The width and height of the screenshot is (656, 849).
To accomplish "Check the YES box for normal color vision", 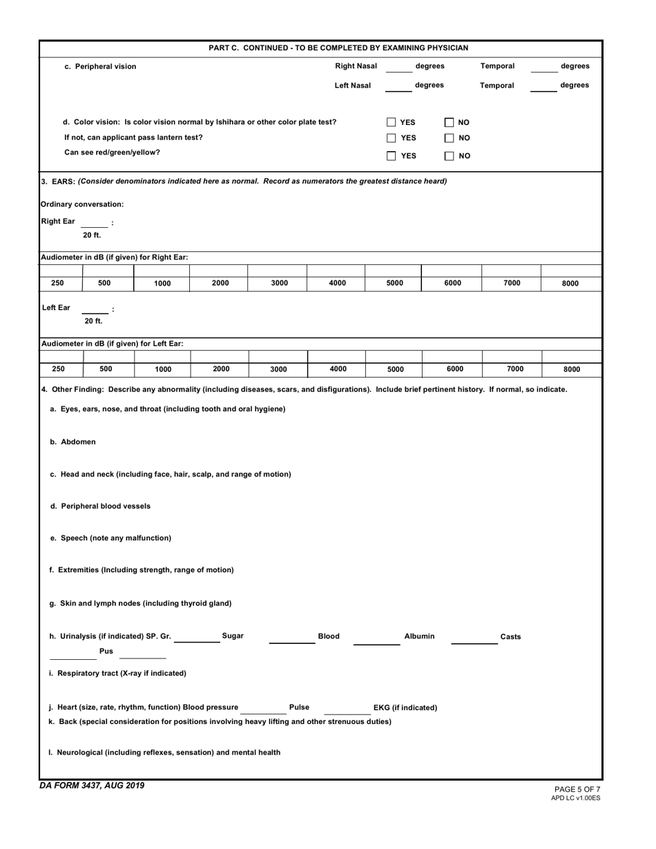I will coord(392,122).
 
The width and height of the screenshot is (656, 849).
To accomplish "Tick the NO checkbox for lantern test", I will coord(449,138).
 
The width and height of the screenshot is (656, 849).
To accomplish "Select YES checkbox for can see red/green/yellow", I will coord(392,155).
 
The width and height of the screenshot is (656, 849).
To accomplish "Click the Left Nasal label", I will coord(352,86).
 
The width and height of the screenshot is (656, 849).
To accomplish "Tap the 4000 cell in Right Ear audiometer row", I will coord(337,283).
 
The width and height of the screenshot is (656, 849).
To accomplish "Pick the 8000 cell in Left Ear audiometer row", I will coord(570,369).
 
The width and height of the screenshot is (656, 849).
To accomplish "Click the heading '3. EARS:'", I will coord(58,181).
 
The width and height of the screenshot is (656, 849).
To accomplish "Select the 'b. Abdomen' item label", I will coord(73,442).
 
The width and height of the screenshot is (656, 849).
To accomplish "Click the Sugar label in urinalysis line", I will coord(232,636).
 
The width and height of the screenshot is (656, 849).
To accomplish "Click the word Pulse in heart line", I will coord(299,707).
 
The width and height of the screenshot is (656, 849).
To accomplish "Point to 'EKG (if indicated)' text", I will coord(405,707).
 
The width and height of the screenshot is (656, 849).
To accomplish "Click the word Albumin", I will coord(419,636).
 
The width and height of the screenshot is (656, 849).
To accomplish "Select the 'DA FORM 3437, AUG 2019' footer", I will coord(93,785).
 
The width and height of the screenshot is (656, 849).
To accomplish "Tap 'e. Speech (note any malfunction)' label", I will coord(110,538).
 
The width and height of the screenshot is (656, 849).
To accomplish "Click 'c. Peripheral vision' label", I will coord(100,67).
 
